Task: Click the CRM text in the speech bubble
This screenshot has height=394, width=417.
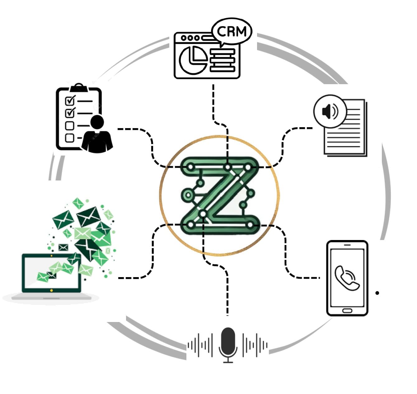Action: tap(232, 31)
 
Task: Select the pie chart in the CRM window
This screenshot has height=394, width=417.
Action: tap(193, 60)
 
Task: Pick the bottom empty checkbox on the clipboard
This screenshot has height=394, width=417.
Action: tap(69, 138)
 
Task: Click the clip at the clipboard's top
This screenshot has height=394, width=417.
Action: tap(79, 88)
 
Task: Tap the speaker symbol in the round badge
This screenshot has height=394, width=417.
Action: tap(330, 112)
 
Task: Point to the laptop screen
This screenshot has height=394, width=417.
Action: tap(51, 273)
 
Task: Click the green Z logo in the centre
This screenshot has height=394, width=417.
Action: tap(220, 196)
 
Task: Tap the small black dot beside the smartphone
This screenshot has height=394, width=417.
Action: tap(377, 293)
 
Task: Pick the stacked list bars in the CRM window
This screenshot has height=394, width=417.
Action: tap(223, 60)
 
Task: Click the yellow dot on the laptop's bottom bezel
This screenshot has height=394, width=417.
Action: tap(51, 291)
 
